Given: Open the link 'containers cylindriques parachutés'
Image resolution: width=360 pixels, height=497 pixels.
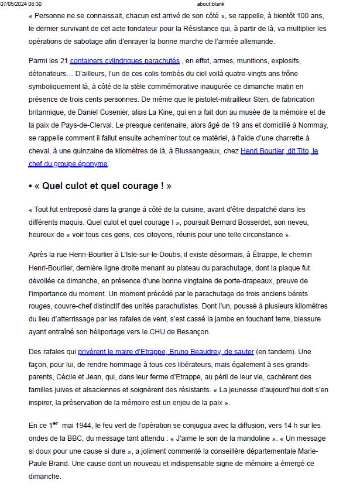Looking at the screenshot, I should point(125,60).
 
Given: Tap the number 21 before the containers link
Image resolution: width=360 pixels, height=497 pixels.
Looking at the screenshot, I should point(64,60).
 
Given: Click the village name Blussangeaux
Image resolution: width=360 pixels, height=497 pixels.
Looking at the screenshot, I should point(199,150).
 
